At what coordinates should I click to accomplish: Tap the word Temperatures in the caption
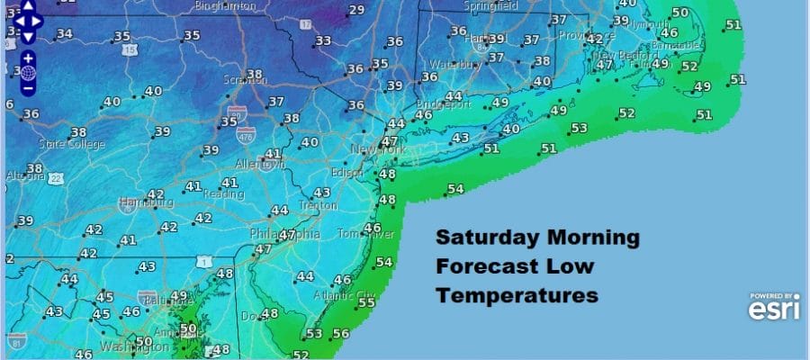coord(517,294)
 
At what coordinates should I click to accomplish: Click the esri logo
coord(773,309)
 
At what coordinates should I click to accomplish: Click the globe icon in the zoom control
coord(28,71)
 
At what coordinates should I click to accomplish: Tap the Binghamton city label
coord(225,6)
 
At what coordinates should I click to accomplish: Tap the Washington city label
coord(126,346)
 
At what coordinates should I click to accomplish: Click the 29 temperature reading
coord(356,11)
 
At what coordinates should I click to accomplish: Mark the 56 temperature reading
coord(340,334)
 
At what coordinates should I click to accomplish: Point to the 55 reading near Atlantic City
coord(366,303)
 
